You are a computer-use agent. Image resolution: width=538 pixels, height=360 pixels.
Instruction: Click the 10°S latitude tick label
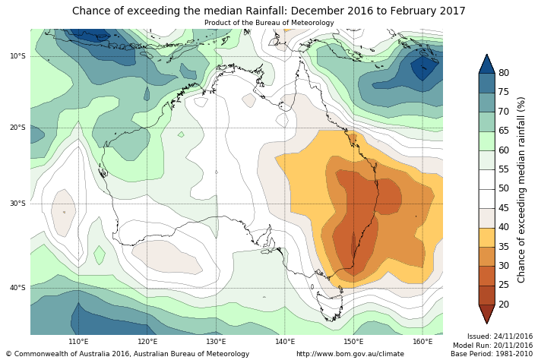coord(17,56)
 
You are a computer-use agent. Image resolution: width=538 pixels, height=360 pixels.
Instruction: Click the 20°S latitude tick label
coord(17,128)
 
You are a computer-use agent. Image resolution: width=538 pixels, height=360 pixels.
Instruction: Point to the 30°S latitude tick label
coord(17,204)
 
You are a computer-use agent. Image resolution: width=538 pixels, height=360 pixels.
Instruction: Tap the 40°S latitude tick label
coord(17,288)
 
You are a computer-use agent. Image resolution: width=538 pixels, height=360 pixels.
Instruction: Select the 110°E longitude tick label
coord(78,342)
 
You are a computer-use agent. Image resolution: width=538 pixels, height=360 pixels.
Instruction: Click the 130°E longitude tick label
coord(216,342)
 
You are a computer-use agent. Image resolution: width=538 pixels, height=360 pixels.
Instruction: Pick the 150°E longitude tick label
coord(353,342)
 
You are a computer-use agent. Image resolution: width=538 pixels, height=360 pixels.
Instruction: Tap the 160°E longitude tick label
coord(422,342)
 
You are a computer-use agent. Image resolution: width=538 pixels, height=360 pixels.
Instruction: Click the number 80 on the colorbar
coord(504,73)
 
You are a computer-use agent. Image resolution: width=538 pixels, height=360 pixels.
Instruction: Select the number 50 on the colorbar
coord(504,188)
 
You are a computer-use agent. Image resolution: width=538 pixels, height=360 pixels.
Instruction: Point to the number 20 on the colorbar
coord(504,305)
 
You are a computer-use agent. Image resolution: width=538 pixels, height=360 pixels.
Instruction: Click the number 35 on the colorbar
coord(504,247)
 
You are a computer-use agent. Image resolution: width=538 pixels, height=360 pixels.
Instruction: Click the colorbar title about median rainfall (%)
coord(522,189)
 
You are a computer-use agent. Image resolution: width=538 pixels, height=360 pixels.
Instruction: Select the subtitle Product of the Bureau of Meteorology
coord(269,23)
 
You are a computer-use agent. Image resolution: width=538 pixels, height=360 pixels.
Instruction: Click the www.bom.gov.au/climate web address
coord(350,354)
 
